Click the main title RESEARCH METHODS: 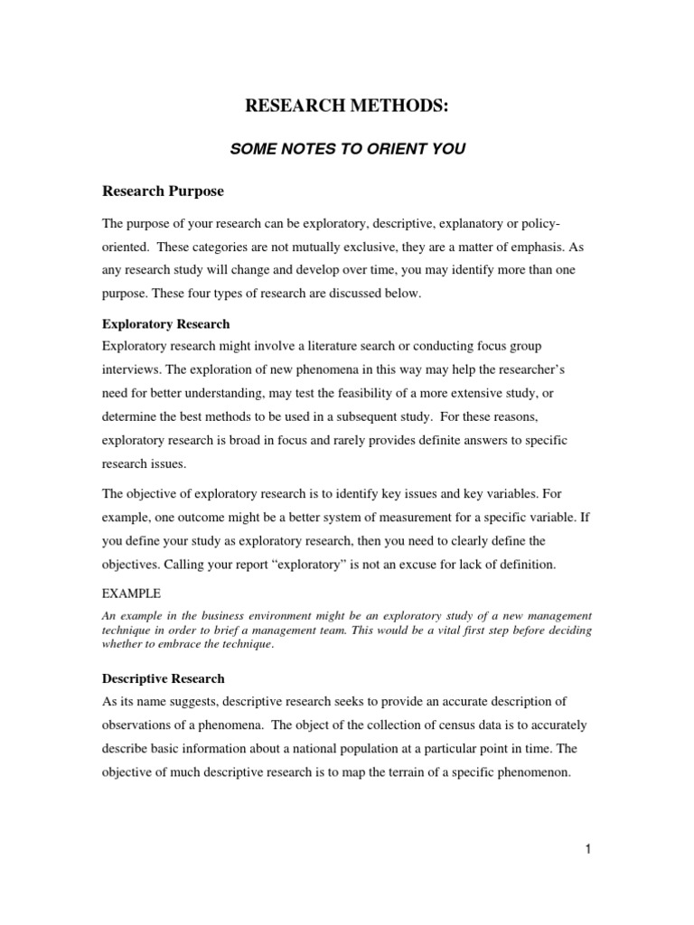[x=347, y=107]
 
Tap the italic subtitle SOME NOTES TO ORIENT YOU [x=348, y=149]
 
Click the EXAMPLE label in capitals [x=131, y=593]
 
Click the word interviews [x=132, y=370]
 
